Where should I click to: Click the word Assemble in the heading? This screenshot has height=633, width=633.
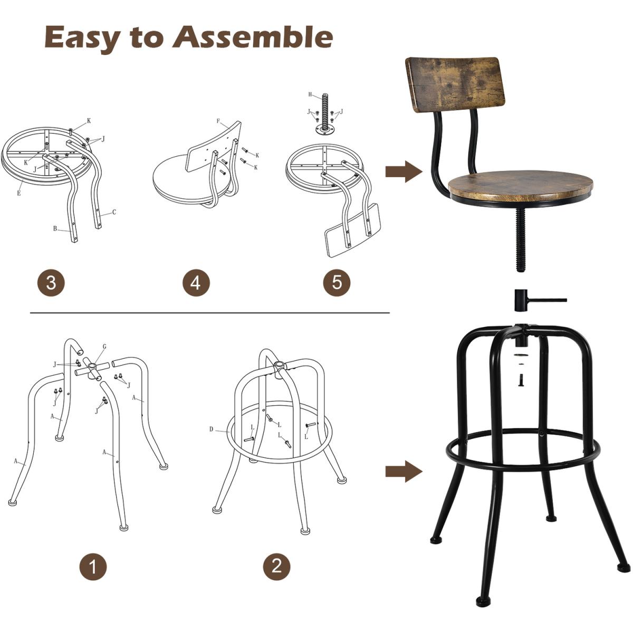click(x=253, y=36)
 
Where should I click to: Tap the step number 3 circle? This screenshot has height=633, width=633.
click(x=51, y=282)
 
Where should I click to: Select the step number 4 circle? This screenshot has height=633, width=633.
click(x=196, y=282)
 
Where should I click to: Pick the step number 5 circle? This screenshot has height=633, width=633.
click(x=337, y=282)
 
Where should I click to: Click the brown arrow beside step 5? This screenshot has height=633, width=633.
click(x=404, y=171)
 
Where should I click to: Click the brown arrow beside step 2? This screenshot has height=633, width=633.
click(x=404, y=472)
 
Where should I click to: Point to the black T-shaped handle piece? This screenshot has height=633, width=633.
click(x=529, y=300)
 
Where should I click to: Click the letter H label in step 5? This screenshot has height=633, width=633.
click(x=310, y=94)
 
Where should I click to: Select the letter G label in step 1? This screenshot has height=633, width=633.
click(x=104, y=346)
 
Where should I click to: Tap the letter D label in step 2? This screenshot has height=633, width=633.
click(x=211, y=429)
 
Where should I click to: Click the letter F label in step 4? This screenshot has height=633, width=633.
click(x=218, y=121)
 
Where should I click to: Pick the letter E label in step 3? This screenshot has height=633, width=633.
click(x=18, y=193)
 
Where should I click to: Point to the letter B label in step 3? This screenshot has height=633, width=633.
click(x=55, y=228)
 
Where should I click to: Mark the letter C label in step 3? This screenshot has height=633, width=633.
click(x=114, y=212)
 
